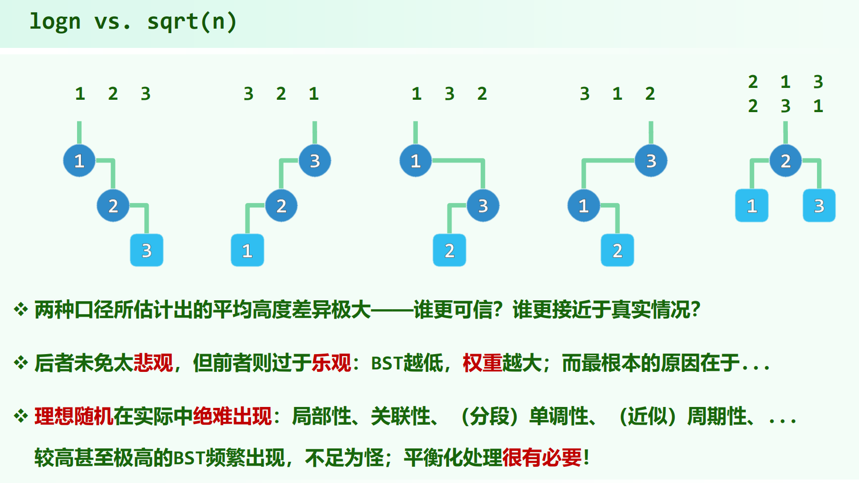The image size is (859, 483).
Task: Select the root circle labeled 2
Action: click(x=785, y=161)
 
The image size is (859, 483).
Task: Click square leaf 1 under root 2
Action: click(x=752, y=205)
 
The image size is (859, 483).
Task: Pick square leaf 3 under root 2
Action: click(x=819, y=205)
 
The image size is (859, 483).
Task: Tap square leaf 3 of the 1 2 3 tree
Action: click(x=147, y=250)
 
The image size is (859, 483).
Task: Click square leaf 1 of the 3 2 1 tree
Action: click(x=247, y=250)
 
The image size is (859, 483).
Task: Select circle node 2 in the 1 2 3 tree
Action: click(x=113, y=205)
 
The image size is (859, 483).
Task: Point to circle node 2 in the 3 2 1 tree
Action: click(x=281, y=205)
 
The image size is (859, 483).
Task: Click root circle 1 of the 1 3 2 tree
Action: click(x=415, y=161)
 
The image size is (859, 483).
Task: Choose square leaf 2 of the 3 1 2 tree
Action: click(x=617, y=250)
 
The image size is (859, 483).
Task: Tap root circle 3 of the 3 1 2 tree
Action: click(x=651, y=161)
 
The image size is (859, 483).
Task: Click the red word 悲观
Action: click(x=153, y=363)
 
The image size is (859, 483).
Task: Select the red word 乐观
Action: click(x=331, y=363)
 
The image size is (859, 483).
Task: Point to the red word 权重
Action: click(x=482, y=363)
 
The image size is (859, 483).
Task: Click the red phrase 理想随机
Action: click(x=74, y=416)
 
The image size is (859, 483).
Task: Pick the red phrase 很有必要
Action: click(x=542, y=458)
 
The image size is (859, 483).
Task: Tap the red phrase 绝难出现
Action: click(x=232, y=416)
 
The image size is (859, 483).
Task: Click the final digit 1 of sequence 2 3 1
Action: click(x=818, y=106)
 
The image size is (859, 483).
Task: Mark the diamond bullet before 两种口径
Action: click(x=21, y=310)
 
